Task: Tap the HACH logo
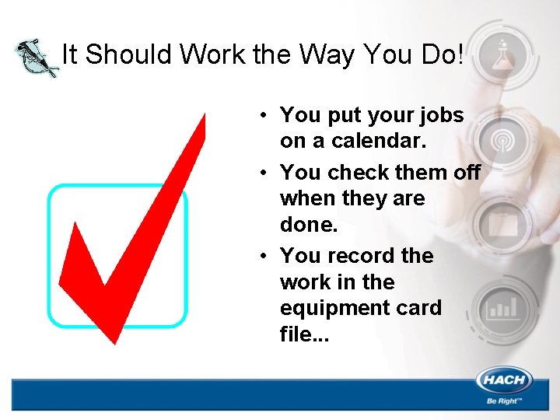tap(505, 381)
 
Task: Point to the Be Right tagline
tap(505, 401)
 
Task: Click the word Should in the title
tap(129, 54)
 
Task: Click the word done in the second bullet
tap(307, 226)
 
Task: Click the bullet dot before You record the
tap(264, 256)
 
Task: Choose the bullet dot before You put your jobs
tap(264, 115)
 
